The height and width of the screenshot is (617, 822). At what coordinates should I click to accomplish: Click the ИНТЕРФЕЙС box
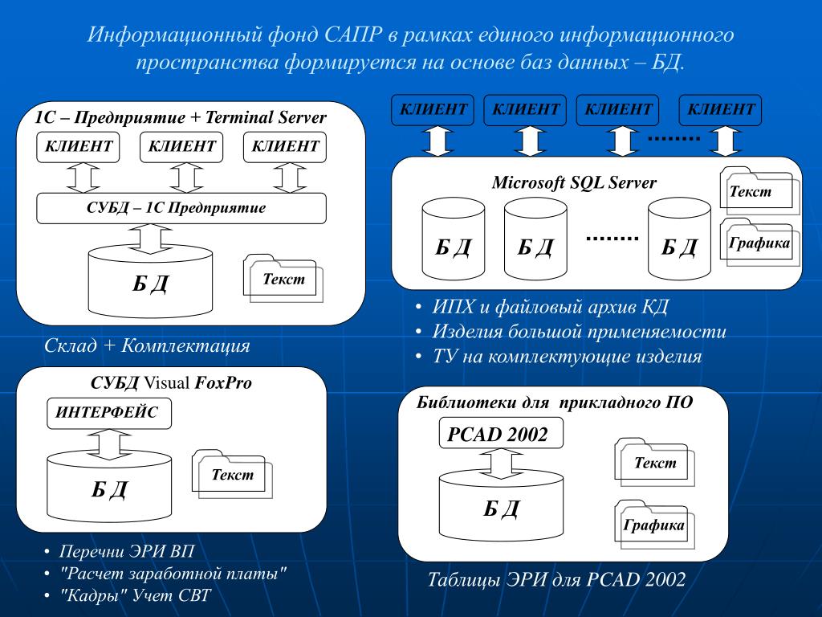point(107,412)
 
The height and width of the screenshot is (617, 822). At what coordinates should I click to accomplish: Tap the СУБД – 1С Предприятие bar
point(181,208)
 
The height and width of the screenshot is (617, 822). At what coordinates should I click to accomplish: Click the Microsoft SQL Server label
point(574,182)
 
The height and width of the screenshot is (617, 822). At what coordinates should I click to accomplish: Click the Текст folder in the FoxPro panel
point(232,475)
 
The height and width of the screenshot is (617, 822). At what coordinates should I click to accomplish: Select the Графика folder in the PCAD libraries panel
point(653,525)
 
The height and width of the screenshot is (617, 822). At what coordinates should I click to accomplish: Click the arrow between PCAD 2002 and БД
point(502,464)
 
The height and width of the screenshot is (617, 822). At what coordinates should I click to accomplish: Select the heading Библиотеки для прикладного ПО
point(554,402)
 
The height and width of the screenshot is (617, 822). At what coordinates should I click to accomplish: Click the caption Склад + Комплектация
point(147,346)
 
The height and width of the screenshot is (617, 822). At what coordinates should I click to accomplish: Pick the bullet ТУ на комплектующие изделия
point(567,357)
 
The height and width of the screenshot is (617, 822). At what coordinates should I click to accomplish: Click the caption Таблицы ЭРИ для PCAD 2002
point(556,579)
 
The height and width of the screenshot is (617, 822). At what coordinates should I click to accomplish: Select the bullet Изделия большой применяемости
point(579,332)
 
